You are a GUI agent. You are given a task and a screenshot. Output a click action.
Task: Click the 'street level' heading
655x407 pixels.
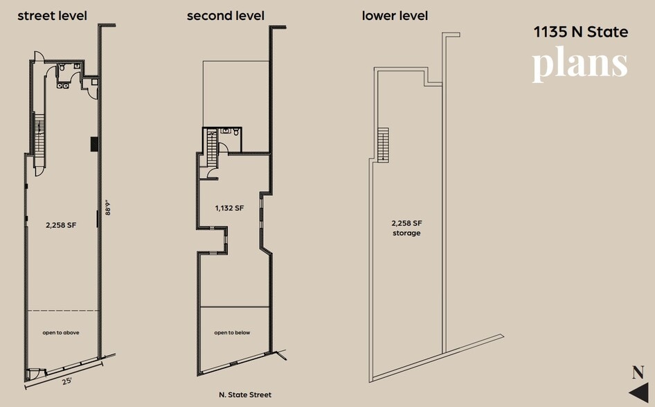(52, 15)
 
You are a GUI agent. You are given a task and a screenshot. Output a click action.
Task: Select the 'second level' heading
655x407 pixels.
(225, 15)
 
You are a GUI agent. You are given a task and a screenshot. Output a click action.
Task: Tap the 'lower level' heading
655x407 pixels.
(395, 15)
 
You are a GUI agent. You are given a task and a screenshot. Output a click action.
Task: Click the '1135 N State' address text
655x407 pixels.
(580, 32)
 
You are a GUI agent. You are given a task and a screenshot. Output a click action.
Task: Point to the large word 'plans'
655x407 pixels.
(580, 64)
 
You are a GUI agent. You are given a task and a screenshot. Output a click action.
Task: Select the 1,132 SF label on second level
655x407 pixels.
(228, 208)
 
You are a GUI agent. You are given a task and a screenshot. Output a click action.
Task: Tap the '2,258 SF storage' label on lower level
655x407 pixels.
(407, 228)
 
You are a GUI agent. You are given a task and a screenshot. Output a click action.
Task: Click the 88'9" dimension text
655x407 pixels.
(107, 208)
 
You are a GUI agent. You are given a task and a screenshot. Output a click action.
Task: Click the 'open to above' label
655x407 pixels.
(61, 333)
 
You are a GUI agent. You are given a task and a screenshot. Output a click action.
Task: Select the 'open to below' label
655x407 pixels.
(232, 333)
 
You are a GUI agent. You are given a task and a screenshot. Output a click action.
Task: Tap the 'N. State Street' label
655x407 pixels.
(245, 395)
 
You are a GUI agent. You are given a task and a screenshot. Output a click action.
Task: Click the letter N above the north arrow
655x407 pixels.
(638, 372)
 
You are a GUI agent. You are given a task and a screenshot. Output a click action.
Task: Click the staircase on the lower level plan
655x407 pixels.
(383, 144)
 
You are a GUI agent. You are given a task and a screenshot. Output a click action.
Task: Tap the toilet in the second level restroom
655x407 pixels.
(236, 132)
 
